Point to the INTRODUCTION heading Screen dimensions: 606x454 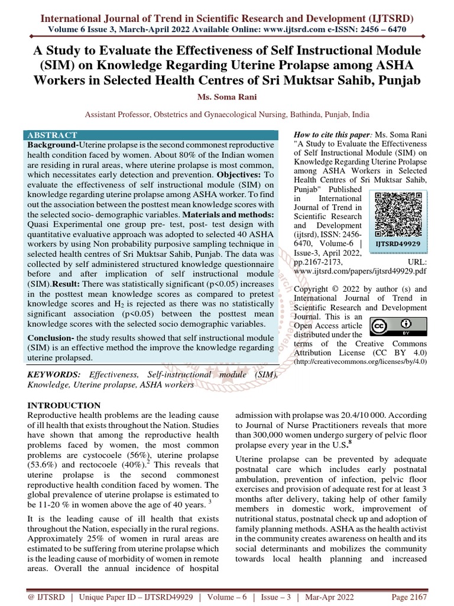pos(65,405)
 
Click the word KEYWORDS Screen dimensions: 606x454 pos(54,375)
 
